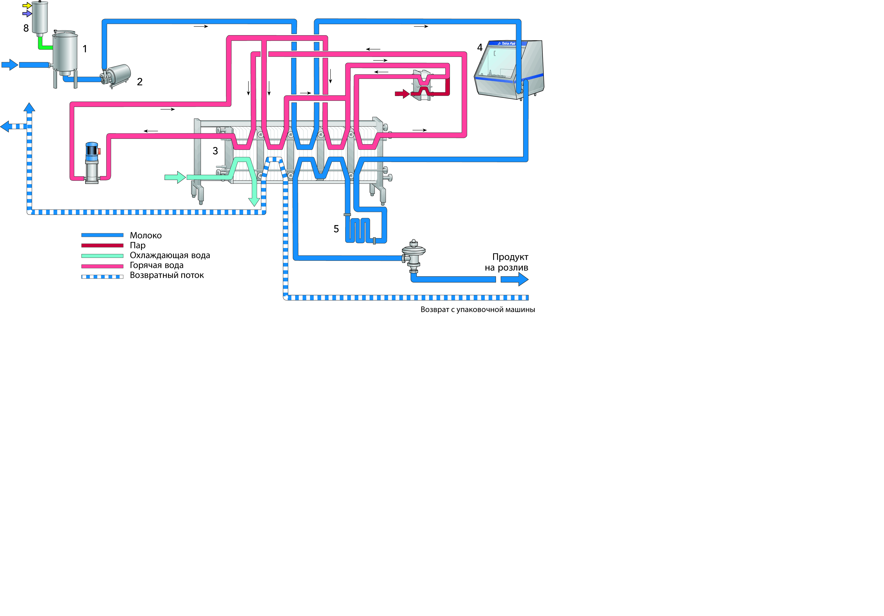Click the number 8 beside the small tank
(x=26, y=28)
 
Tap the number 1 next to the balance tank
(x=85, y=49)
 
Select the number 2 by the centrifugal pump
(x=140, y=82)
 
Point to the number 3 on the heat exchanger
(x=215, y=151)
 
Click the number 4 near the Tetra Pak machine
(x=480, y=47)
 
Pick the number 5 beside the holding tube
(x=336, y=229)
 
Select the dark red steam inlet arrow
(x=402, y=93)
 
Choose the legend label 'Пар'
(x=138, y=246)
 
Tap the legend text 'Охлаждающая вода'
(x=170, y=256)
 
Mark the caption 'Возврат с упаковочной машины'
(x=477, y=309)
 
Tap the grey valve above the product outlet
(x=413, y=256)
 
